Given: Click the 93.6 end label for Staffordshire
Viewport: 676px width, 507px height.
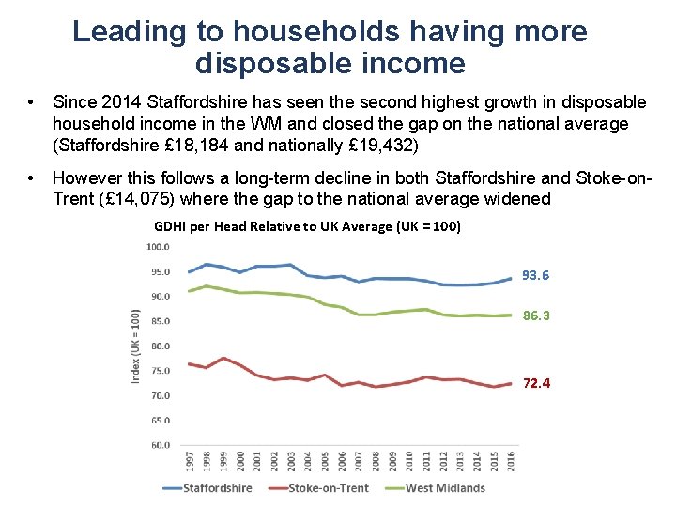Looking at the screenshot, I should click(x=535, y=275).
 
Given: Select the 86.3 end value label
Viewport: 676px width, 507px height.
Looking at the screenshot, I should click(x=535, y=316).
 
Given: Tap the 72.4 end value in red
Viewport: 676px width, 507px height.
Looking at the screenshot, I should click(x=535, y=384).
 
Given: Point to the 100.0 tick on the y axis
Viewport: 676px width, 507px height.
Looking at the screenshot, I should click(x=157, y=247).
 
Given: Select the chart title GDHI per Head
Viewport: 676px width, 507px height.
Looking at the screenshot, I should click(x=307, y=226).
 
